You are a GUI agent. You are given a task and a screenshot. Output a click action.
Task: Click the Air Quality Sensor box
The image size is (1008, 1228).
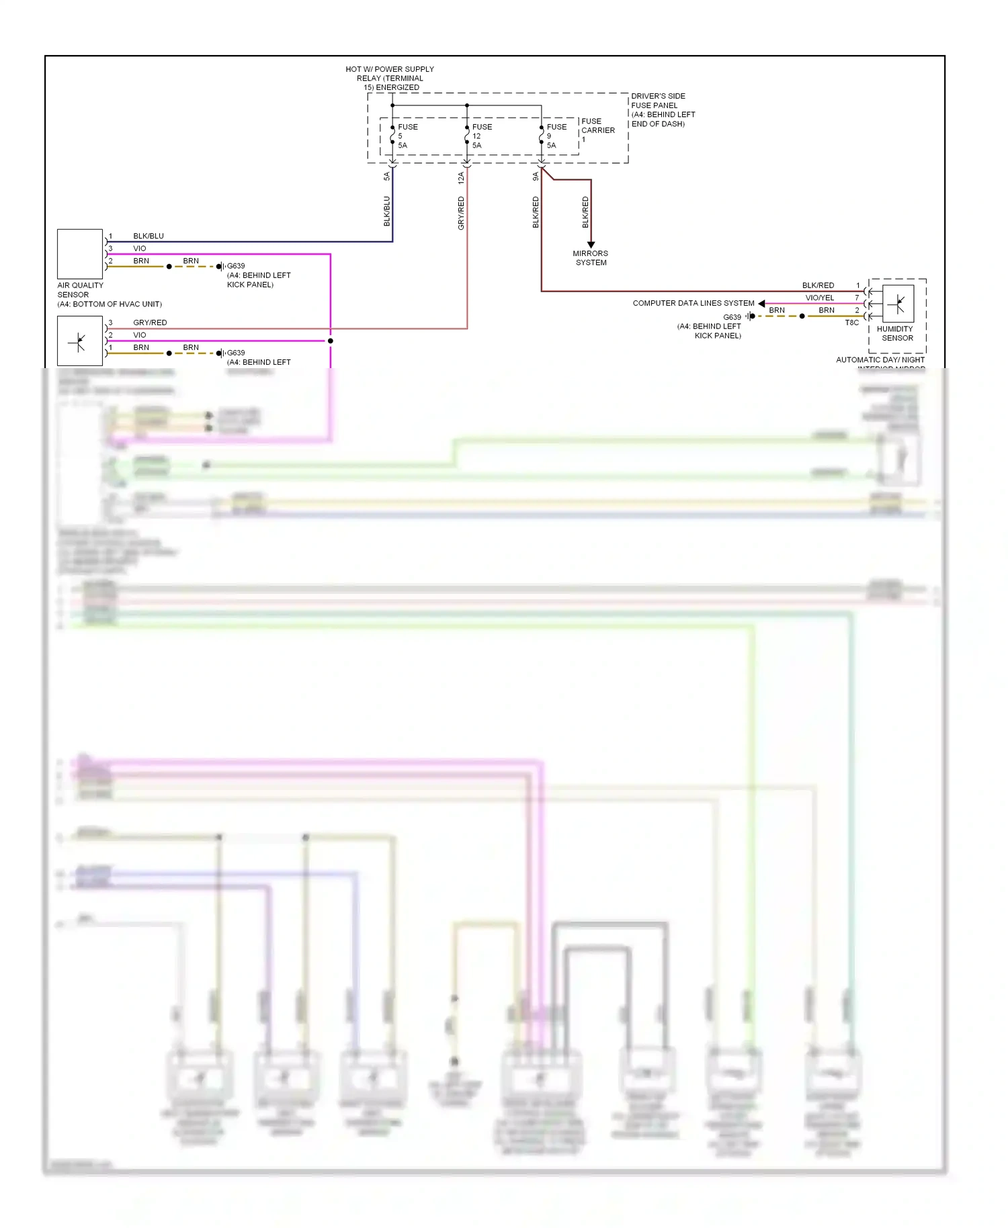tap(80, 254)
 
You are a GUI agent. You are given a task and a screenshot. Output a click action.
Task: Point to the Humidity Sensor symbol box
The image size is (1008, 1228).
tap(898, 304)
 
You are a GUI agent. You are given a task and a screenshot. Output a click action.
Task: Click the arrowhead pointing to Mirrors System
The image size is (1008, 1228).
tap(591, 245)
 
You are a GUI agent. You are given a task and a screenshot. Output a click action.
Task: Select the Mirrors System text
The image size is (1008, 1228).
tap(591, 258)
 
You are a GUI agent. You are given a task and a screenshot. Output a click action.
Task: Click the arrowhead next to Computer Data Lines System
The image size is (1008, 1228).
tap(761, 304)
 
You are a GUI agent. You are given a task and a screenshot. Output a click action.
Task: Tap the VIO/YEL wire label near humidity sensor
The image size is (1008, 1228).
tap(819, 298)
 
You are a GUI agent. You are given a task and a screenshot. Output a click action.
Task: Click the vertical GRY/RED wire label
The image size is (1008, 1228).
tap(461, 213)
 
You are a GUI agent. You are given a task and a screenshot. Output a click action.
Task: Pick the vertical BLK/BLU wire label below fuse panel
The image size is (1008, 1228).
tap(386, 211)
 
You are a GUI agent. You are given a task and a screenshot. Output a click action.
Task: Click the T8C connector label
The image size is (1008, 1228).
tap(851, 322)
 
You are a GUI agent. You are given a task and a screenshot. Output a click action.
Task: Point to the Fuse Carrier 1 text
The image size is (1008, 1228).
tap(597, 130)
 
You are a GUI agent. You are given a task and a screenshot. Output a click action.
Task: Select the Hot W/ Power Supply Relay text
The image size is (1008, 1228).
tap(390, 78)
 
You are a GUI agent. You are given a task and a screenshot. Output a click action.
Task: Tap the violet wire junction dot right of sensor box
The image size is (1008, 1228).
tap(330, 341)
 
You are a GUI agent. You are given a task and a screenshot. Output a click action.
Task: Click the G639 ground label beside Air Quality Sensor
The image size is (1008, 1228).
tap(236, 266)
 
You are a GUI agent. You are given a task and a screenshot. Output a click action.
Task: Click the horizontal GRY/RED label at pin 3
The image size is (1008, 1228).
tap(150, 322)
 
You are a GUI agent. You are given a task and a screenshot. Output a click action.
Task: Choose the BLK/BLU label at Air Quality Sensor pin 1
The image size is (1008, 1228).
tap(149, 236)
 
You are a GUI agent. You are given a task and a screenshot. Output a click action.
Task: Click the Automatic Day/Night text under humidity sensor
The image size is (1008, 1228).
tap(880, 360)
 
